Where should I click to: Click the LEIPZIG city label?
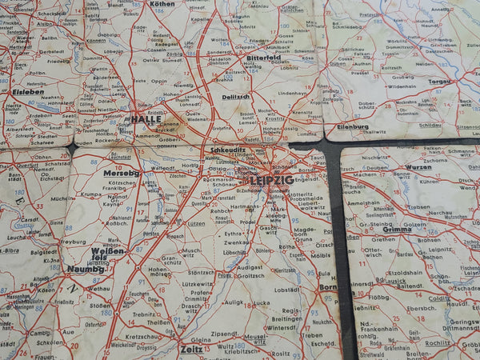[271, 180]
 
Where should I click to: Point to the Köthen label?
[162, 4]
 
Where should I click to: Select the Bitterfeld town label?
[264, 58]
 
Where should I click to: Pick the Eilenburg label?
[353, 126]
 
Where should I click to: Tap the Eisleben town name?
[28, 91]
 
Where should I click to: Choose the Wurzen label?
[419, 167]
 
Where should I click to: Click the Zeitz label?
[191, 350]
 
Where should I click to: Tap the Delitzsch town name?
[236, 96]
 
